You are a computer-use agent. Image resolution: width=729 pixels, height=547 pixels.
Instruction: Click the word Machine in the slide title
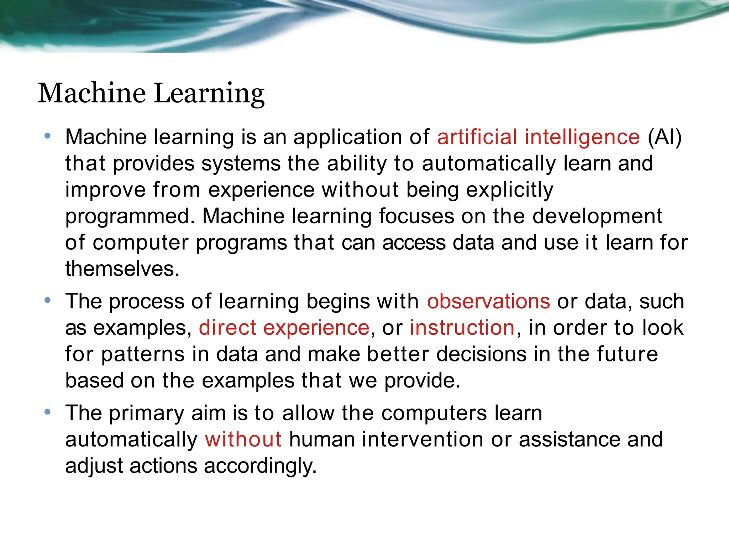coord(91,93)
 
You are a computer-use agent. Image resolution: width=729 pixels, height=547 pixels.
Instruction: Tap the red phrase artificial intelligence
coord(538,137)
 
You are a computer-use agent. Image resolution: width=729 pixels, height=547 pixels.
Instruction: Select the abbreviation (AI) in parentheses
coord(664,137)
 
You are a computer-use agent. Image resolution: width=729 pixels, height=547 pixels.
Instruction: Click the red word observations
coord(488,301)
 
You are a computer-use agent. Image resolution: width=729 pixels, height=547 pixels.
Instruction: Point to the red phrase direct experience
coord(284,328)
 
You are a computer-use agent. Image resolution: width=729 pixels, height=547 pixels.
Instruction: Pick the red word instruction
coord(462,328)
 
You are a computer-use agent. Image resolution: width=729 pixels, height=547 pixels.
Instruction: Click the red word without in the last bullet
coord(243,439)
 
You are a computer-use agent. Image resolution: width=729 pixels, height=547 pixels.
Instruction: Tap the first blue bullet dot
coord(47,136)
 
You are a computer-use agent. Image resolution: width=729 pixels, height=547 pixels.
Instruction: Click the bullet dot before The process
coord(47,300)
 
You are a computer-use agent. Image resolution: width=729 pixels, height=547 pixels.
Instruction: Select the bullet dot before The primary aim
coord(47,412)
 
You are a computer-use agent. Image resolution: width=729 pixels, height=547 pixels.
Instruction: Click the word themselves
coord(122,269)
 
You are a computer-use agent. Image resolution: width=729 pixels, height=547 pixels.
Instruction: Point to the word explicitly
coord(509,190)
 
